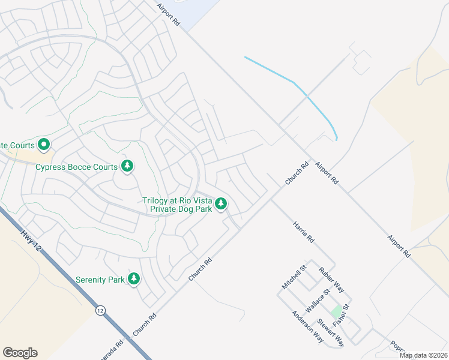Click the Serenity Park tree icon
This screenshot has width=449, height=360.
point(134,279)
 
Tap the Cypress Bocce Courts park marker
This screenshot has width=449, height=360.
point(127,166)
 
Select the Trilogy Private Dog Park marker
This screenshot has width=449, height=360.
point(221,205)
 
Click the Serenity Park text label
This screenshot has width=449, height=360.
point(100,280)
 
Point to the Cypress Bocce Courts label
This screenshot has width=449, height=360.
point(76,167)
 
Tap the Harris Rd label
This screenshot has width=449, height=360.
point(303,231)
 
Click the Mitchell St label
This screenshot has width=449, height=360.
point(295,275)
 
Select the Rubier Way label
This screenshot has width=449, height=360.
point(331,279)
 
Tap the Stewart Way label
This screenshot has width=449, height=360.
point(331,332)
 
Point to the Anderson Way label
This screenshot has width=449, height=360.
point(307,326)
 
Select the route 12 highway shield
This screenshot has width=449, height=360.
point(100,310)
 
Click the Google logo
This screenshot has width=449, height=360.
point(20,353)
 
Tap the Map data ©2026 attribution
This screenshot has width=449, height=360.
point(423,355)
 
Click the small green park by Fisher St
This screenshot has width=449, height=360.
point(336,312)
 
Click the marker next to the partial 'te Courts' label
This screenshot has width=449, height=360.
point(43,145)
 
